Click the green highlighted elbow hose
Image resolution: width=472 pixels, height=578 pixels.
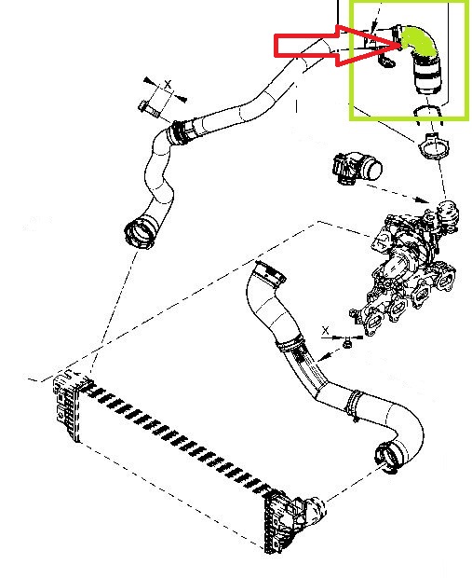[x=420, y=40]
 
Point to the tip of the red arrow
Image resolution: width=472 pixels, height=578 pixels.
[x=400, y=46]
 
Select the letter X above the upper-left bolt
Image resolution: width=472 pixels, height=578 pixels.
[x=168, y=84]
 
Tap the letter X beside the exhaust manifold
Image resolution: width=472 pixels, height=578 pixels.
[x=326, y=330]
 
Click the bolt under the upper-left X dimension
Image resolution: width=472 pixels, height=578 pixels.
[x=149, y=108]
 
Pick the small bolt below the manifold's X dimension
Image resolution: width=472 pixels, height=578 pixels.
[x=346, y=344]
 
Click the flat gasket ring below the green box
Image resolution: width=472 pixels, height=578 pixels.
[x=433, y=146]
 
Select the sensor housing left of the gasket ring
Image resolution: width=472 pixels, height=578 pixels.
[x=357, y=168]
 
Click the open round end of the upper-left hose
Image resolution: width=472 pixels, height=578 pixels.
[x=139, y=233]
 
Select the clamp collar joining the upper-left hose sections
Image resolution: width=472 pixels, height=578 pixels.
[x=179, y=132]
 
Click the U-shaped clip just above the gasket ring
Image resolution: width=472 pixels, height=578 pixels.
[x=428, y=115]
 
